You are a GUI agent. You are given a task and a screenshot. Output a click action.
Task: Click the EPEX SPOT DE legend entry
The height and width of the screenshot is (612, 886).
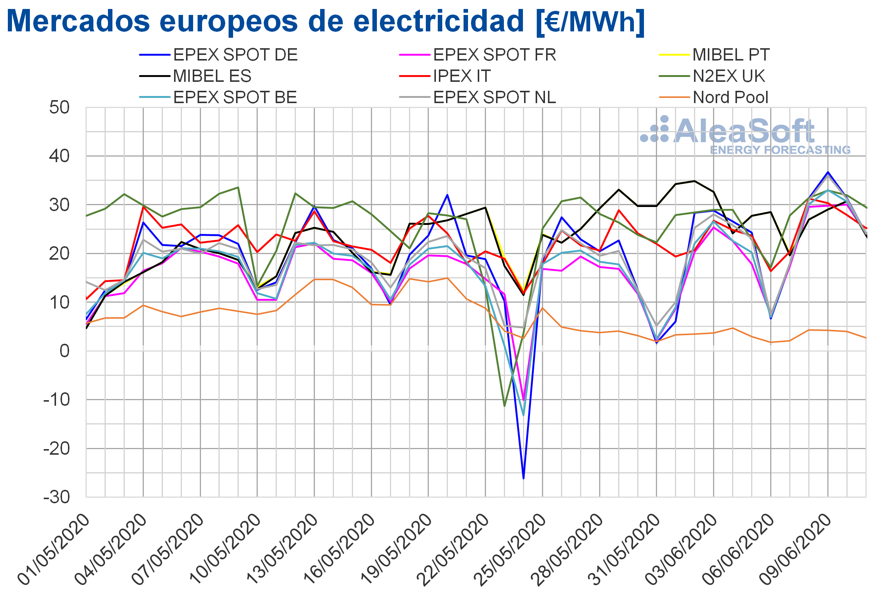click(219, 55)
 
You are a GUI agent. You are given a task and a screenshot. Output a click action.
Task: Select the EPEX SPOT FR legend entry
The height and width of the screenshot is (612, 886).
click(478, 55)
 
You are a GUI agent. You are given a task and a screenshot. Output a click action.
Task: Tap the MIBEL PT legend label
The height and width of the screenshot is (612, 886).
click(731, 55)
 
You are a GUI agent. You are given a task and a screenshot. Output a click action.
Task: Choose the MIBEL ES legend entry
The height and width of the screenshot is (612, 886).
click(195, 76)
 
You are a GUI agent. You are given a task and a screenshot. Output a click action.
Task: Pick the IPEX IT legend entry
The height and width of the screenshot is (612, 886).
click(445, 76)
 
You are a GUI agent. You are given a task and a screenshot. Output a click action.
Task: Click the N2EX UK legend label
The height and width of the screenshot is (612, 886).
click(729, 76)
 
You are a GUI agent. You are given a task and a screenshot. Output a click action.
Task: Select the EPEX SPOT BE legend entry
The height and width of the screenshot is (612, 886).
click(219, 98)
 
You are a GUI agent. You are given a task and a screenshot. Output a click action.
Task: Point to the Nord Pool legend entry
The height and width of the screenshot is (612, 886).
click(714, 98)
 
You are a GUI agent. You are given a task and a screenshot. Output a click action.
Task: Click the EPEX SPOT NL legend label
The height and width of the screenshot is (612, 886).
click(495, 98)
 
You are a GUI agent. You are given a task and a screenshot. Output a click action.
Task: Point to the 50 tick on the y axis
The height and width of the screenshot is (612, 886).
click(59, 107)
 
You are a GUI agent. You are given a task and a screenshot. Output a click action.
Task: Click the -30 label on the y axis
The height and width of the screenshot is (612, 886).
click(57, 497)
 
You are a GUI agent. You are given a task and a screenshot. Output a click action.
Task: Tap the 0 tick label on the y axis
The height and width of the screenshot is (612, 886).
click(64, 351)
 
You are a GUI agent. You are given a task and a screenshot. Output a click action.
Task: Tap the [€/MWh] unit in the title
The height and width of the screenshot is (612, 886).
click(591, 21)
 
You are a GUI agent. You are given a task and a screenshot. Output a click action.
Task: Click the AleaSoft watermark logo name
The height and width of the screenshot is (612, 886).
click(744, 131)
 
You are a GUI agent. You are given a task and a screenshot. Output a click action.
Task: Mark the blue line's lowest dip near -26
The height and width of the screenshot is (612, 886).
click(524, 478)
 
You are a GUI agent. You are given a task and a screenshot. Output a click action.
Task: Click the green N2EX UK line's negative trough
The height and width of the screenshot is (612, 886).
click(505, 406)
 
